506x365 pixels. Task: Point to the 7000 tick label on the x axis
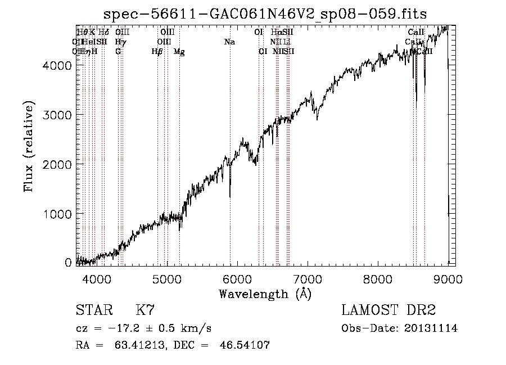(308, 280)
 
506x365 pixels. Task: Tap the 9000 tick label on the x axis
(448, 280)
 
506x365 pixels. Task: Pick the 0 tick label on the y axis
(69, 263)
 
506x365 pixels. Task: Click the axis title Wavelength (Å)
(265, 294)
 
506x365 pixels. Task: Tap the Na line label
(229, 42)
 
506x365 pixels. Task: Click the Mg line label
(179, 52)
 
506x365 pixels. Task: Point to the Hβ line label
(157, 52)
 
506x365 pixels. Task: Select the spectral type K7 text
(145, 310)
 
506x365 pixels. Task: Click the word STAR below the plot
(93, 310)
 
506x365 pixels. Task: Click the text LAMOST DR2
(388, 310)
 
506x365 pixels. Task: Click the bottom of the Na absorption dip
(230, 196)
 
